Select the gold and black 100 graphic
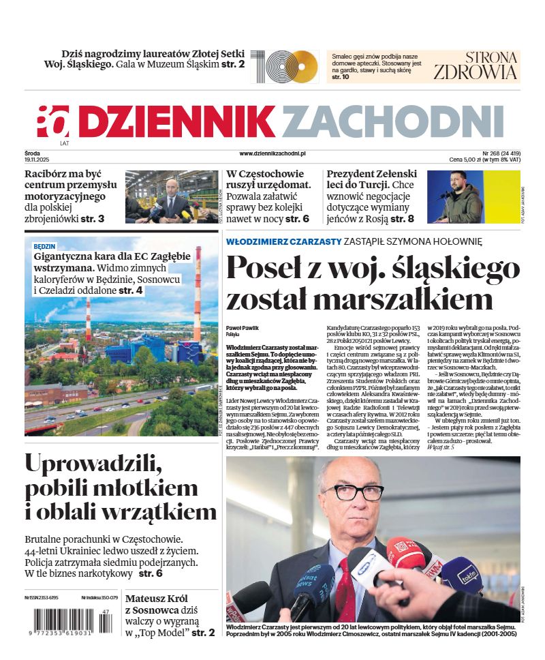pos(284,67)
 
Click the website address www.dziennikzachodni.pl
pos(272,154)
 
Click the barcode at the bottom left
pos(65,622)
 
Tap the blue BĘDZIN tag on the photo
pos(45,245)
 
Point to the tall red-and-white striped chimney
pos(198,293)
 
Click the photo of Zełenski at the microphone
pos(473,196)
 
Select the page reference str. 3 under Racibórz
pos(92,219)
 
